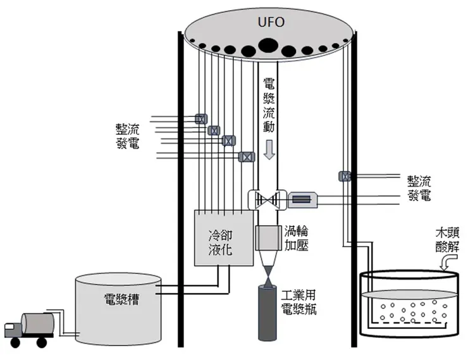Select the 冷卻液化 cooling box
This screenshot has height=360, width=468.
coord(219,241)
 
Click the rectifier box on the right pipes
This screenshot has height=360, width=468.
coord(345,177)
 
